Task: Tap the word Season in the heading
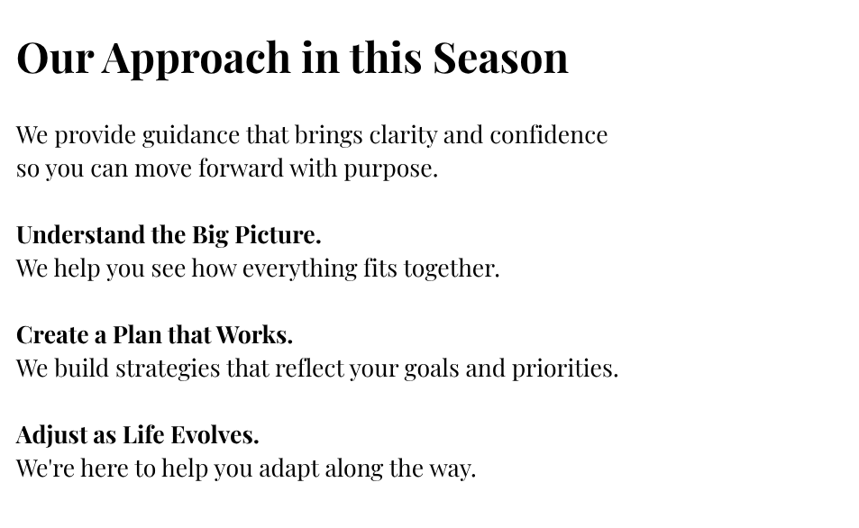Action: point(501,58)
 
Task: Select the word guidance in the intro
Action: point(191,136)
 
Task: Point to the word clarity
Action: point(403,136)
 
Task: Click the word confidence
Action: point(548,135)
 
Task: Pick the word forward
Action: point(241,168)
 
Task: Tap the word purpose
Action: point(390,169)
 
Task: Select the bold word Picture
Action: point(278,235)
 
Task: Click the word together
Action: point(452,269)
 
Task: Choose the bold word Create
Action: point(52,335)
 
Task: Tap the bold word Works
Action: point(254,335)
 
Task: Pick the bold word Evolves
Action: point(215,435)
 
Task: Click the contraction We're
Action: point(45,469)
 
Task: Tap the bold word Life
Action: point(143,435)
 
